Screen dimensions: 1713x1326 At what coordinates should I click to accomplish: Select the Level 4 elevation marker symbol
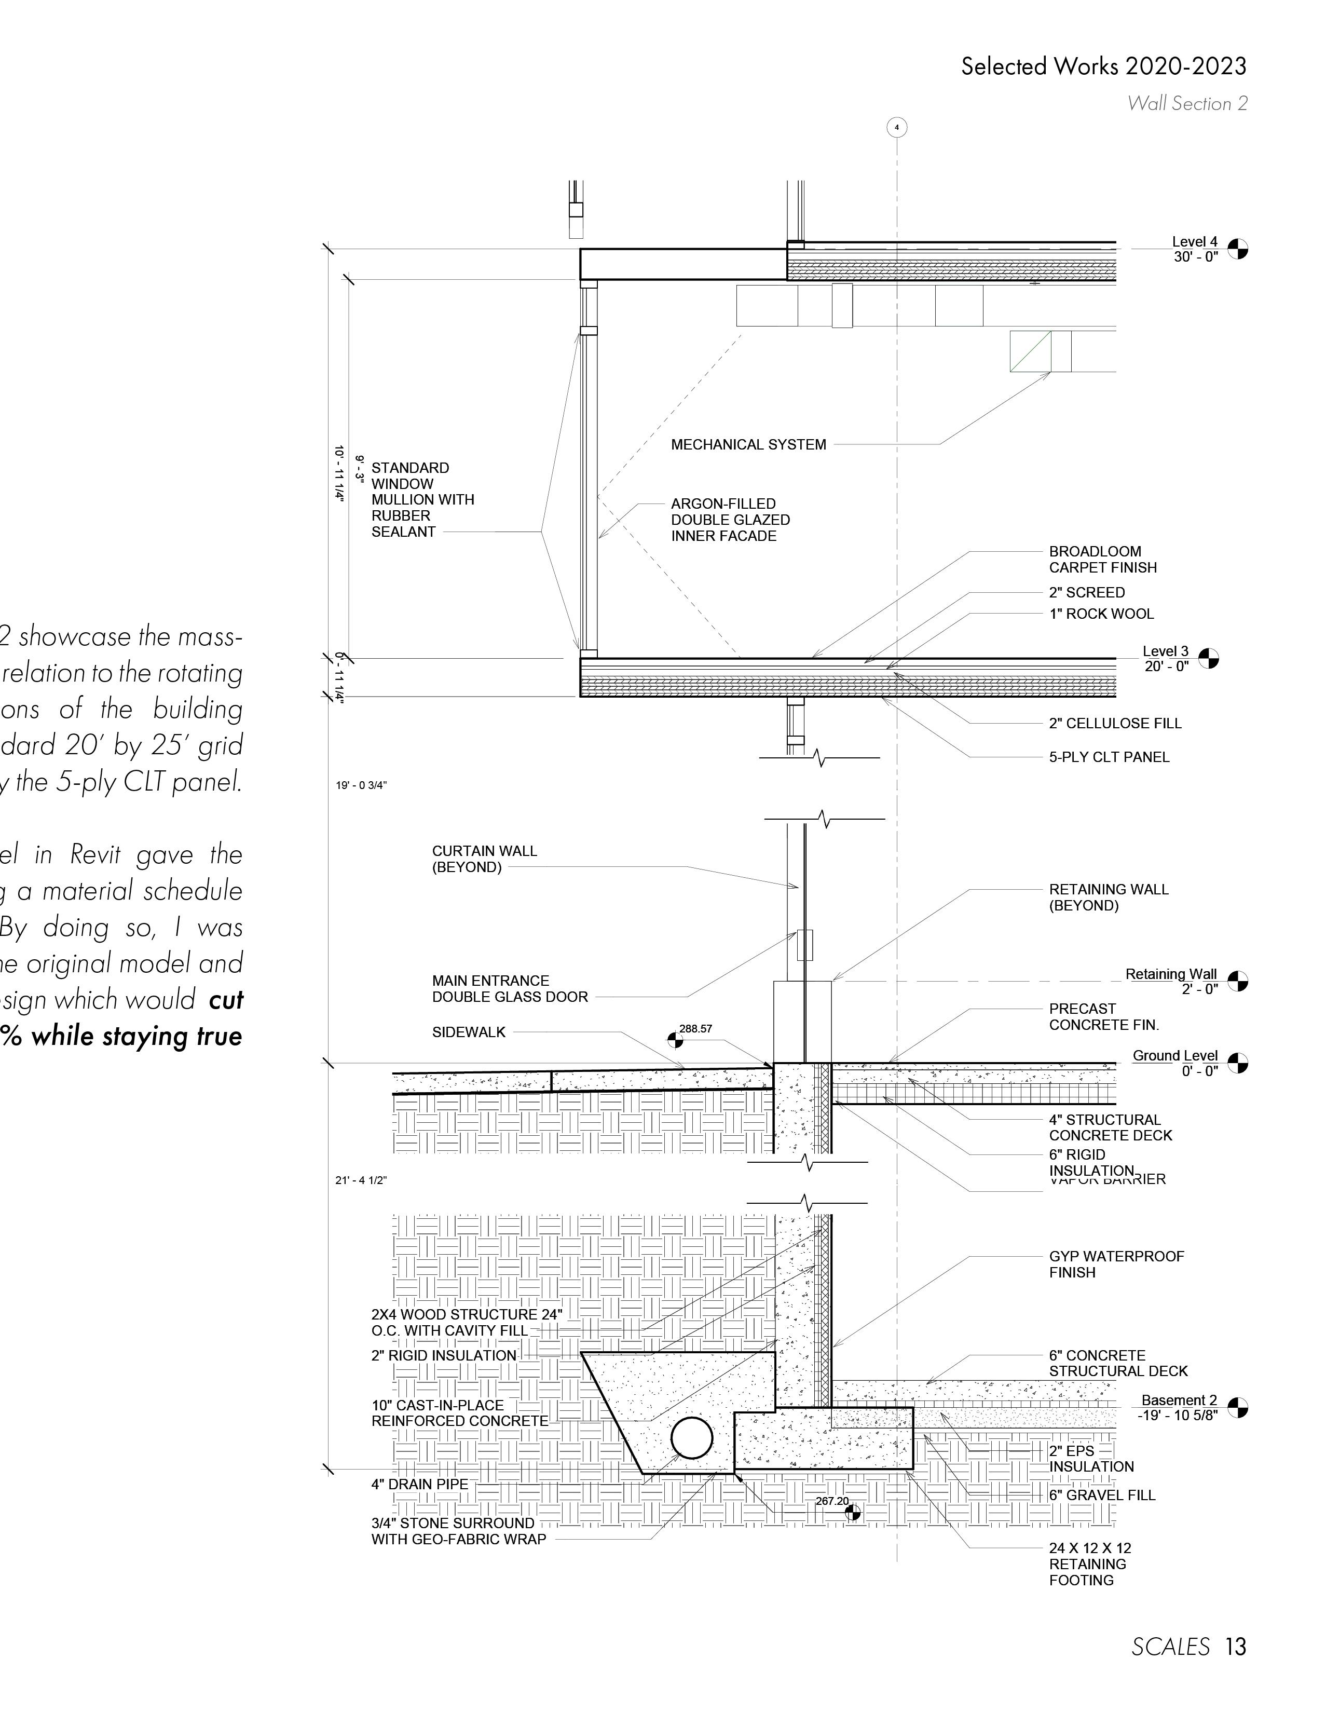(1237, 249)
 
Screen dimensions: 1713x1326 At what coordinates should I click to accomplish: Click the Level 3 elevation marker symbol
(1209, 658)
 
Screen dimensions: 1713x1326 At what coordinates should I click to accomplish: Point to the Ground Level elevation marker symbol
(1237, 1064)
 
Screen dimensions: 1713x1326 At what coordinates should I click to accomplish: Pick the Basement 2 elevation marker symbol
(1237, 1408)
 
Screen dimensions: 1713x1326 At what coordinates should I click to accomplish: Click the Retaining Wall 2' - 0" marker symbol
(1237, 981)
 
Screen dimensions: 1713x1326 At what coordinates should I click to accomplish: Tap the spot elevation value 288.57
(695, 1028)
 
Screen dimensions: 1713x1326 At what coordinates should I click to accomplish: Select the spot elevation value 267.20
(831, 1501)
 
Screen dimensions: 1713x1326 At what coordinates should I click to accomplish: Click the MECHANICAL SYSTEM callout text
(748, 445)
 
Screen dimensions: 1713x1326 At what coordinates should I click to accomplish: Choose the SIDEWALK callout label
(469, 1032)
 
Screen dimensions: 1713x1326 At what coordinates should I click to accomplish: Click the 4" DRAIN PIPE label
(419, 1484)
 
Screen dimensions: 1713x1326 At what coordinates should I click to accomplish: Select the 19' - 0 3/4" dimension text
(362, 785)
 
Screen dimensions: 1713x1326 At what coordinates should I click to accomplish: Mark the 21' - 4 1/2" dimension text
(362, 1180)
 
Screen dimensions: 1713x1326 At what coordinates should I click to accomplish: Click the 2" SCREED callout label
(1087, 592)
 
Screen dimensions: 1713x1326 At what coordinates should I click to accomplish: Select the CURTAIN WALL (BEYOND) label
(484, 859)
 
